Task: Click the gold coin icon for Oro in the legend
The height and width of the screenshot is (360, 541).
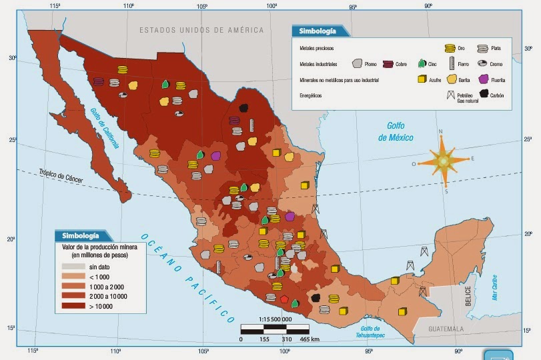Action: click(x=450, y=48)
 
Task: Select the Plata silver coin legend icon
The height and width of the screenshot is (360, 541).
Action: click(x=482, y=48)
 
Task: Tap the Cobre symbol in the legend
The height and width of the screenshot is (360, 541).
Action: click(x=388, y=64)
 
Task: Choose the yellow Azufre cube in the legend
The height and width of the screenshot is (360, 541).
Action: click(x=422, y=79)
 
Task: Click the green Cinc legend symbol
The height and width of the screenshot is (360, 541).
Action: click(x=421, y=64)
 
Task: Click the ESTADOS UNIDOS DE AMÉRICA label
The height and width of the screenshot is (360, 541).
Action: click(x=201, y=30)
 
